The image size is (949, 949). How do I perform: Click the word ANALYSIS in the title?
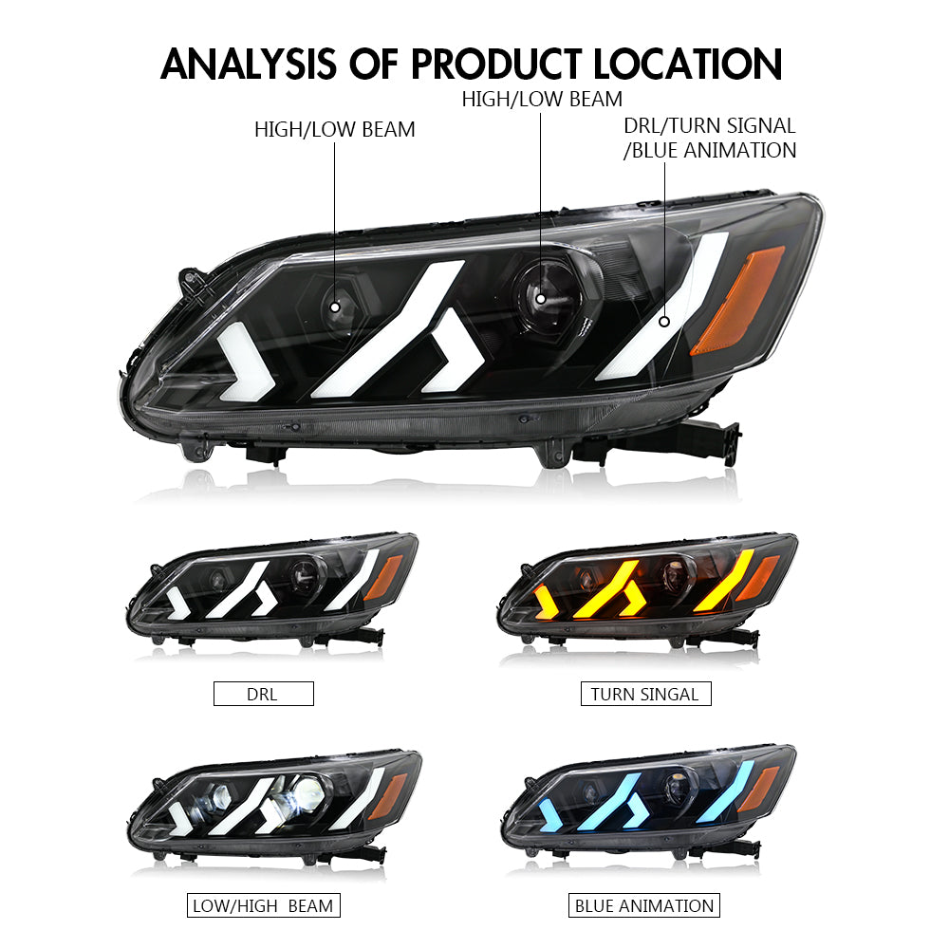[248, 65]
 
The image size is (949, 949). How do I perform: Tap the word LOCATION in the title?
[687, 65]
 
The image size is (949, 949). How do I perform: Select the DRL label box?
[263, 694]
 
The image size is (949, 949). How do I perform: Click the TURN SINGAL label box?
[645, 694]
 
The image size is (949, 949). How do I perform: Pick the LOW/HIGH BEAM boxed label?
[263, 905]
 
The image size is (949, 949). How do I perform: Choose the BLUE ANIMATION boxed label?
[644, 905]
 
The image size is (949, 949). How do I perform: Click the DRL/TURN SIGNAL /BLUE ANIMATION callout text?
[709, 138]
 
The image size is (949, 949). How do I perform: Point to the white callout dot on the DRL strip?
[664, 322]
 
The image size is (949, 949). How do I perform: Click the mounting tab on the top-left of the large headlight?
[194, 283]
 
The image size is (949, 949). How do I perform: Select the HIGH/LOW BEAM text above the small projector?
[334, 129]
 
